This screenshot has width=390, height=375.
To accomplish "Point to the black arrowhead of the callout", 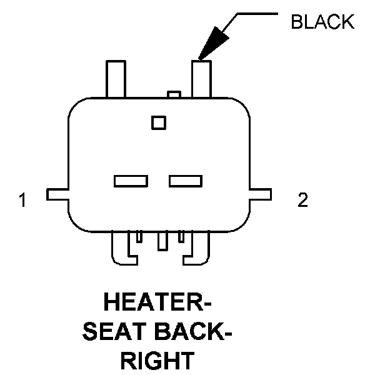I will (210, 44).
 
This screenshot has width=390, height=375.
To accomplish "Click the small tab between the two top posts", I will (174, 95).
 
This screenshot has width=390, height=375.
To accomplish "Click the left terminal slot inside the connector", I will (131, 181).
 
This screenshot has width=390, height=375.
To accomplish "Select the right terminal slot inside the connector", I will (186, 181).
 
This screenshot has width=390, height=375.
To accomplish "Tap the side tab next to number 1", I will (57, 194).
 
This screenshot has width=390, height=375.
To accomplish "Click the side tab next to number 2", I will (261, 194).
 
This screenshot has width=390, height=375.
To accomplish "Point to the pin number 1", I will (22, 201).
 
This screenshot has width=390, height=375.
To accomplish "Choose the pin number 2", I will (302, 201).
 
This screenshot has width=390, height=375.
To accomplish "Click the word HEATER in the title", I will (156, 304).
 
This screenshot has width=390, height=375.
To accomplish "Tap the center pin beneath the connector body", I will (162, 240).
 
